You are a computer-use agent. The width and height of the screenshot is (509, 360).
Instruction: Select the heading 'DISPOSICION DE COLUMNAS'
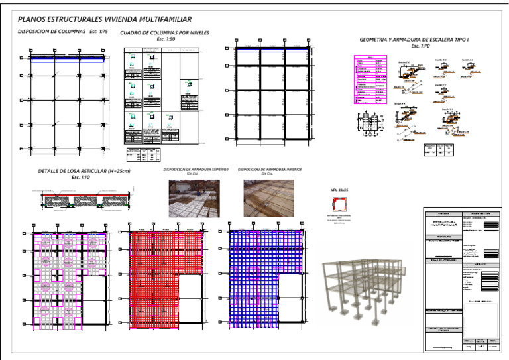[52, 32]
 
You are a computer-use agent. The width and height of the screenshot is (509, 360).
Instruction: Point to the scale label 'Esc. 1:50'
[166, 39]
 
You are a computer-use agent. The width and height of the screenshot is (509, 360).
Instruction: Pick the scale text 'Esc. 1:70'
[420, 46]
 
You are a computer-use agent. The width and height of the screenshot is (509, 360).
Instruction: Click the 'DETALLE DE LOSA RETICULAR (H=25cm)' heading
[84, 172]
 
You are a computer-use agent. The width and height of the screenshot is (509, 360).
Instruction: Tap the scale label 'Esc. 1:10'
[80, 178]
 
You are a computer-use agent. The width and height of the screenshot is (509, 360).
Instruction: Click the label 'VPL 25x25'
[339, 192]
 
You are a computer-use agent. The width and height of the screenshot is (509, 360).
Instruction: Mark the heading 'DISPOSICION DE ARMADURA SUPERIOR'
[196, 170]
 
